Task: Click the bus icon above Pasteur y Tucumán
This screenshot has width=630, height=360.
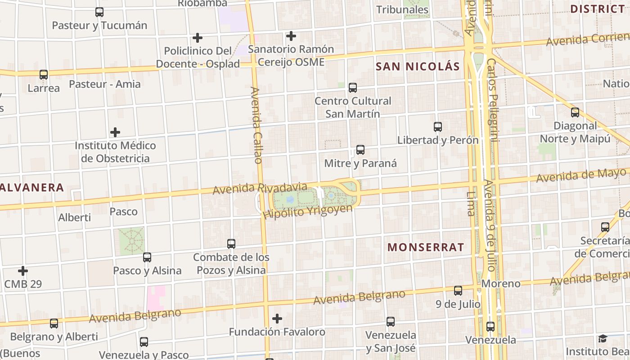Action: coord(99,12)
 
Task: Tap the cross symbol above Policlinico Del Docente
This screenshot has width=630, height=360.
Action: coord(197,38)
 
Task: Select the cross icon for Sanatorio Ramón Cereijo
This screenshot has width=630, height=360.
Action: coord(291,36)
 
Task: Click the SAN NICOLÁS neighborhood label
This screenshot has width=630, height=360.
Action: coord(418,67)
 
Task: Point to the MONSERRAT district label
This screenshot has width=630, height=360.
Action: coord(425,247)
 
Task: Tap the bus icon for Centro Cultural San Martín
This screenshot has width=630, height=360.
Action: coord(353,87)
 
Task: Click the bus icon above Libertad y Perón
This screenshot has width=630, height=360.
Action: coord(438,127)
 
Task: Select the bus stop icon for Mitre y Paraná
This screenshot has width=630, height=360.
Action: coord(360,150)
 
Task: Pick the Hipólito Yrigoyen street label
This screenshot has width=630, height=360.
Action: coord(307,211)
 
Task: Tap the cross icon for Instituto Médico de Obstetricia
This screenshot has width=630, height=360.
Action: coord(115,132)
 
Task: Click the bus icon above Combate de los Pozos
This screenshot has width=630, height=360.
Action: coord(231,244)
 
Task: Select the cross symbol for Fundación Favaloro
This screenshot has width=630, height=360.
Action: coord(277,319)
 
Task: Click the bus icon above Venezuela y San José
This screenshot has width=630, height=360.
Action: coord(391,322)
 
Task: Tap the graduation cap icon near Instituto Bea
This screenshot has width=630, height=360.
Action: coord(603,338)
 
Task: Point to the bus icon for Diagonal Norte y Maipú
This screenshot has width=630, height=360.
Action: coord(575,112)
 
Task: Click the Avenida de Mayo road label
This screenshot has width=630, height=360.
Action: coord(581,175)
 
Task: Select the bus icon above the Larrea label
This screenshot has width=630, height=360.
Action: coord(44,75)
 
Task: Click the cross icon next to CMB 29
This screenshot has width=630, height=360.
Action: coord(23,271)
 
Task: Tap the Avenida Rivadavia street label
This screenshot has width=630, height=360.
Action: coord(260,189)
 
